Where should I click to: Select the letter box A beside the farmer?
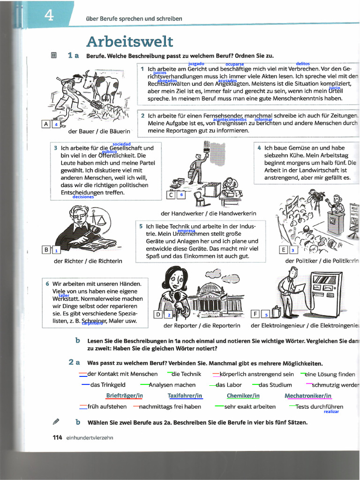tap(46, 124)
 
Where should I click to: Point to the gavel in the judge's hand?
tap(92, 230)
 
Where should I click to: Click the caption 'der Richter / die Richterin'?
tap(88, 261)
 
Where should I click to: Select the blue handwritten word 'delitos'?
tap(303, 64)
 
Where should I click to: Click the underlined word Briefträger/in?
tap(124, 396)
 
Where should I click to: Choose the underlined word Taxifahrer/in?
tap(185, 396)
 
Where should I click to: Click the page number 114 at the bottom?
tap(57, 437)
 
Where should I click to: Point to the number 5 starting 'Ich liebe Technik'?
tap(141, 226)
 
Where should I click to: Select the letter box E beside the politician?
tap(283, 249)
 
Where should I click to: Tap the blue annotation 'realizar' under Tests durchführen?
tap(331, 412)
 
